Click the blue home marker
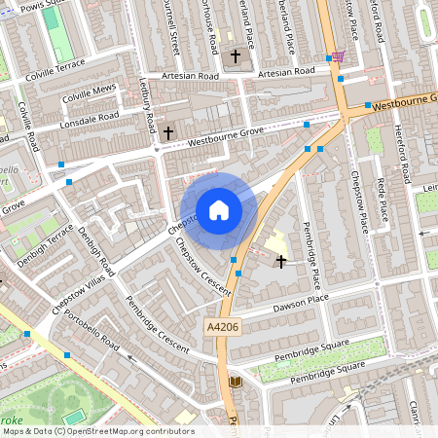point(219,208)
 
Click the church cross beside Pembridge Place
point(281,261)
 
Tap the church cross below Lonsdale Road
point(168,131)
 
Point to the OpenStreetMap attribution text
point(98,431)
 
